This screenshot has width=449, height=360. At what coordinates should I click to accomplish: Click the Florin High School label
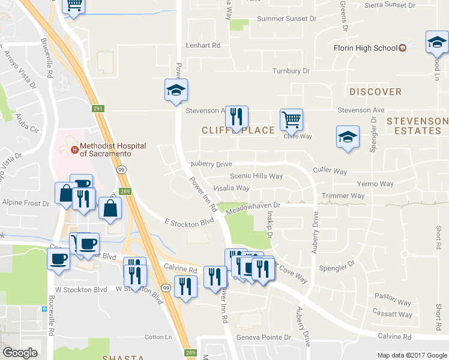[365, 48]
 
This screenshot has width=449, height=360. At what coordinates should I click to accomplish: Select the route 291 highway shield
[99, 109]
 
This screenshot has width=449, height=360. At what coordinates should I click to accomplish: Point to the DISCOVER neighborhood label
[375, 92]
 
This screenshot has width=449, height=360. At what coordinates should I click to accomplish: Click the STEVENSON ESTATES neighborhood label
[417, 125]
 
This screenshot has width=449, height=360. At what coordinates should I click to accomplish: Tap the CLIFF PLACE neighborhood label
[238, 130]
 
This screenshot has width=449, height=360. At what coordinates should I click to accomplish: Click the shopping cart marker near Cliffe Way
[291, 119]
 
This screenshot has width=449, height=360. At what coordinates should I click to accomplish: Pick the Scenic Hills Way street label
[256, 176]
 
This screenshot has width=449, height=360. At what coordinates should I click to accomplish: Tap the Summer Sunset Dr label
[286, 19]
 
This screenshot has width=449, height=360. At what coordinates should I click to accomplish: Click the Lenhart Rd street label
[203, 45]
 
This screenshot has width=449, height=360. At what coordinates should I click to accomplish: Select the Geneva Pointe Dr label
[264, 338]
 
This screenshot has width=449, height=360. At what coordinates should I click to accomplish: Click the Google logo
[20, 353]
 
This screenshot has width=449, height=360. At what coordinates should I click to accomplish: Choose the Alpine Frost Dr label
[25, 203]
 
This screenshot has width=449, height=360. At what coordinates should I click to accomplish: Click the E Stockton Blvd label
[189, 222]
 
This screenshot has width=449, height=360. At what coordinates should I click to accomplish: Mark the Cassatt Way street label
[393, 314]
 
